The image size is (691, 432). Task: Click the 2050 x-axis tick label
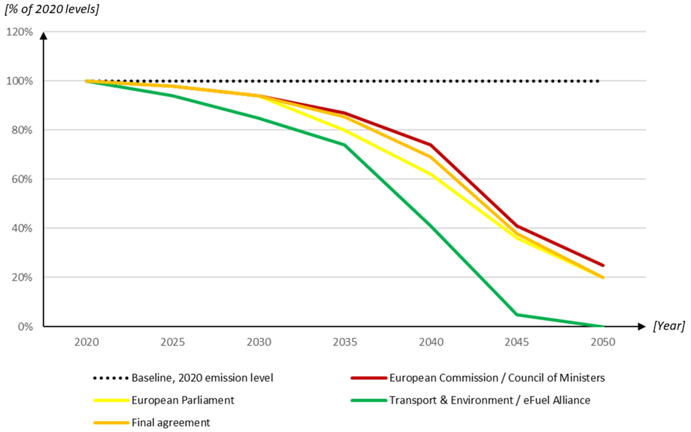(603, 342)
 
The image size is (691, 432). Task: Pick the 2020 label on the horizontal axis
(87, 342)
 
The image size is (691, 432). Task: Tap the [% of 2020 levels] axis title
(52, 9)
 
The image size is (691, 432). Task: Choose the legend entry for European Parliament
(182, 400)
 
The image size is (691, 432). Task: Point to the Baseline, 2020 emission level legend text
(202, 378)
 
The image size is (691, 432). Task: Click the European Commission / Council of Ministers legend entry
(497, 378)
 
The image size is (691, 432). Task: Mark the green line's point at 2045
(517, 315)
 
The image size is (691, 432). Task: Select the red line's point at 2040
(431, 145)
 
